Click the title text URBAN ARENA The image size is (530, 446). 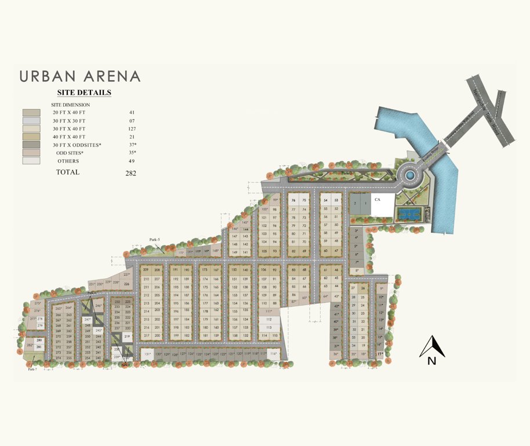80,76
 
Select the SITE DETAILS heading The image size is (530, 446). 84,92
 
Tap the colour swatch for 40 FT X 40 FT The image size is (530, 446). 31,136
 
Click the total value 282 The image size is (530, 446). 130,173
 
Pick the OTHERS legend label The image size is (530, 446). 68,161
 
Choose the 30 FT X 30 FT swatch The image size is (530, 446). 31,120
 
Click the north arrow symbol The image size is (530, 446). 431,348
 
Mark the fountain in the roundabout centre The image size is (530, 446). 410,174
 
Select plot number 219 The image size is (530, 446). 127,336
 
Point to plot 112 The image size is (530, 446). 269,319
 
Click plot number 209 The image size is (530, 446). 146,270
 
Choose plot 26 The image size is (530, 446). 363,288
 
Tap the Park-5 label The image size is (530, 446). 154,239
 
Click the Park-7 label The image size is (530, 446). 32,369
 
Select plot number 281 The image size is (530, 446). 39,347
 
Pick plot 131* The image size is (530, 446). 147,354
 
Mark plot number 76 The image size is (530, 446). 293,200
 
